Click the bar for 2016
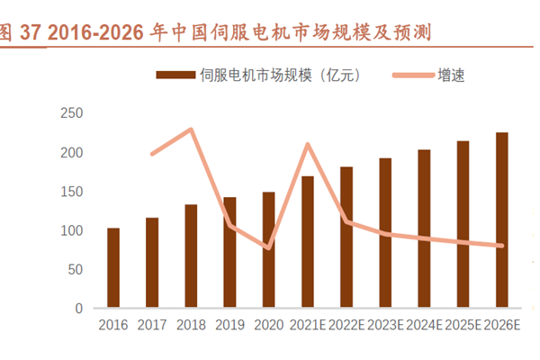tap(113, 267)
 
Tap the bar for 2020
tap(268, 249)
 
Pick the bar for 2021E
tap(308, 241)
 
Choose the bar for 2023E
tap(385, 232)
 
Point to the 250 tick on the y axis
tap(71, 113)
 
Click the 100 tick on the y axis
tap(71, 230)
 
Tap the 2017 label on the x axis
tap(152, 325)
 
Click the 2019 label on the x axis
tap(229, 325)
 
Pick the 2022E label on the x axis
tap(346, 325)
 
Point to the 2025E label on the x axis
tap(463, 325)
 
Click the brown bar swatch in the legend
tap(176, 76)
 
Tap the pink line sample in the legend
tap(412, 76)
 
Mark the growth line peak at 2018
tap(191, 130)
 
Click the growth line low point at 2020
tap(268, 247)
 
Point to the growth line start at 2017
tap(152, 154)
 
